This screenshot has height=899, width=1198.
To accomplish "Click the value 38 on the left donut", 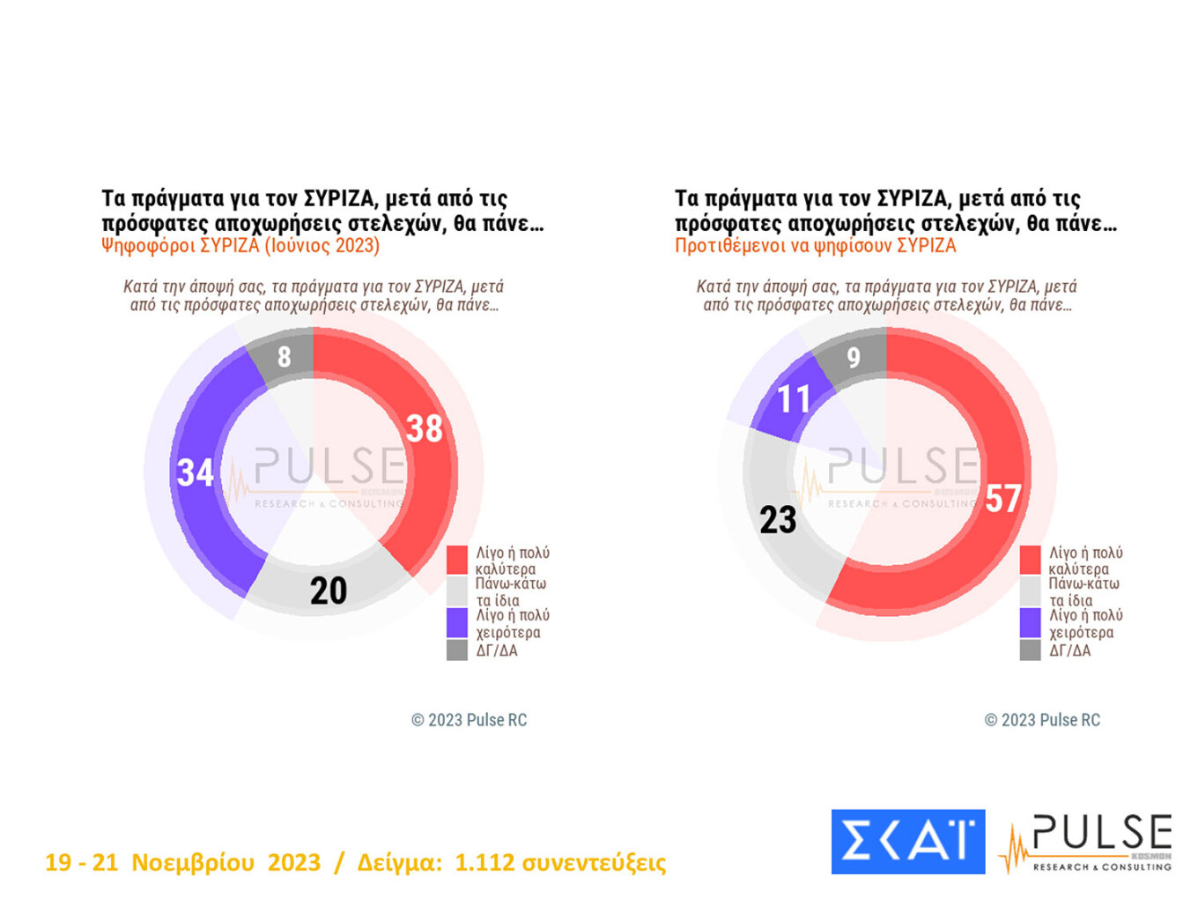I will (x=424, y=429).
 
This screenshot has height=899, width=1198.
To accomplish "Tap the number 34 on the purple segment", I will (x=195, y=473).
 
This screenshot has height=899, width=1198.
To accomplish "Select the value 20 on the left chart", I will (x=329, y=591).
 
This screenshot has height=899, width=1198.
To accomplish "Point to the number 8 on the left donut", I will (x=284, y=357).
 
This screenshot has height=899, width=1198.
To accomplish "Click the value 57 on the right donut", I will (x=1003, y=499).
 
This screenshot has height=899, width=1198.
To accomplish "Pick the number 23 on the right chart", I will (x=778, y=520).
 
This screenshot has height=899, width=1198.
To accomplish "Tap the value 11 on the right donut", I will (x=793, y=399).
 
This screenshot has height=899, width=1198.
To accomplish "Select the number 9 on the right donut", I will (x=853, y=358).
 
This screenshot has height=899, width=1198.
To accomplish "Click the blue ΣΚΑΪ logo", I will (x=907, y=842).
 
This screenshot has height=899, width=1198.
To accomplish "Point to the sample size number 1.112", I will (x=484, y=862).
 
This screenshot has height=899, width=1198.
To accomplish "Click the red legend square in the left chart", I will (x=456, y=560).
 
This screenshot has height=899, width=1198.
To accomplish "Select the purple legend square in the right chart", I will (x=1030, y=623).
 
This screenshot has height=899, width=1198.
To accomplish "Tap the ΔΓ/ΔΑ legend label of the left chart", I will (x=497, y=650).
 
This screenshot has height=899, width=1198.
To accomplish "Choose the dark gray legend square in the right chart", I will (x=1030, y=650).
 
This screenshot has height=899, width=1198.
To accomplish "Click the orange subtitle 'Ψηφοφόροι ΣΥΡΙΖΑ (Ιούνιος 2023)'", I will (x=240, y=245).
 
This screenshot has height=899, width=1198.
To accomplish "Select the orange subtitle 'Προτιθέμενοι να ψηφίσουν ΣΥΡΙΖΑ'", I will (x=815, y=245).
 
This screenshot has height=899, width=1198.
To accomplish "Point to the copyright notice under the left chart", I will (x=469, y=720).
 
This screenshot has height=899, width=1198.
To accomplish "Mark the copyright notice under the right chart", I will (x=1042, y=720).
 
